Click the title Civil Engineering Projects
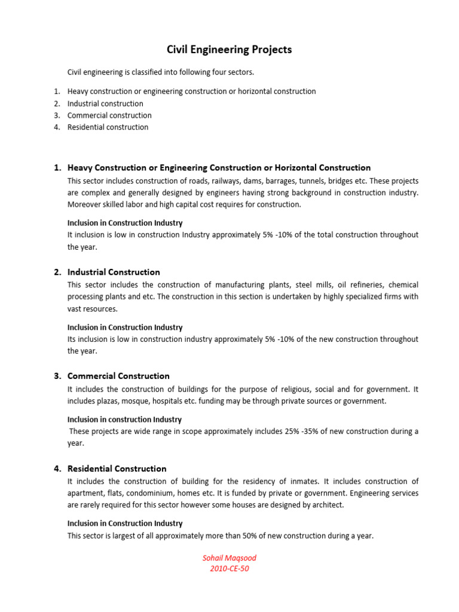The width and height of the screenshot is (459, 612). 229,50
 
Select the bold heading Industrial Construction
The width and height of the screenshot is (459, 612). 114,272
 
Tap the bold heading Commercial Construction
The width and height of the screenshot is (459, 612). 118,376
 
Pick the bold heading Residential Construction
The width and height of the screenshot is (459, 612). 117,469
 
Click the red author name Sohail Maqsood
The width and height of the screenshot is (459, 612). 229,558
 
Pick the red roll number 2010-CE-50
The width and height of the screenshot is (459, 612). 229,569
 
